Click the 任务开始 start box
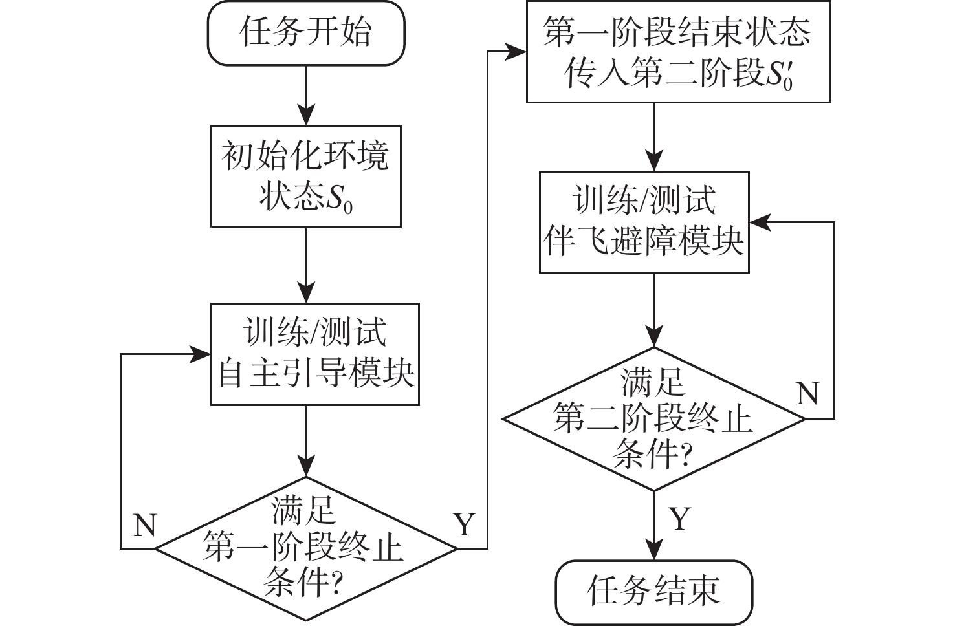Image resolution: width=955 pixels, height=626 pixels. coord(306,32)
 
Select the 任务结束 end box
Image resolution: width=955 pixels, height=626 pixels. coord(654,591)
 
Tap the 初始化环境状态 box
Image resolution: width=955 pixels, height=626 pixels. coord(306,177)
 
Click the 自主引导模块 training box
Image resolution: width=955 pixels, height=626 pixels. coord(315,354)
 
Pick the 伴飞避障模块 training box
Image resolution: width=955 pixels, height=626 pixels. coord(644,222)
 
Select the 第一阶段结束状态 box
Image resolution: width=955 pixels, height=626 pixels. coord(677,52)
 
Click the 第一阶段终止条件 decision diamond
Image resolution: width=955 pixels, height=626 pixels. coord(305,548)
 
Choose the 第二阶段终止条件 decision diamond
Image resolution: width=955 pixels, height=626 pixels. coord(653,418)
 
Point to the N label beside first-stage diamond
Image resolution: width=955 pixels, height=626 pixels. coord(145,525)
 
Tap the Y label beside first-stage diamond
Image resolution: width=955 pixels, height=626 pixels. coord(465,524)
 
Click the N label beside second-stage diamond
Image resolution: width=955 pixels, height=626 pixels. coord(807,393)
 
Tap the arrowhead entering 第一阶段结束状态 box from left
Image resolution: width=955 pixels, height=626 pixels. coord(517,52)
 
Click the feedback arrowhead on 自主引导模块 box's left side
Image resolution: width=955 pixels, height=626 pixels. coord(201,354)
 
